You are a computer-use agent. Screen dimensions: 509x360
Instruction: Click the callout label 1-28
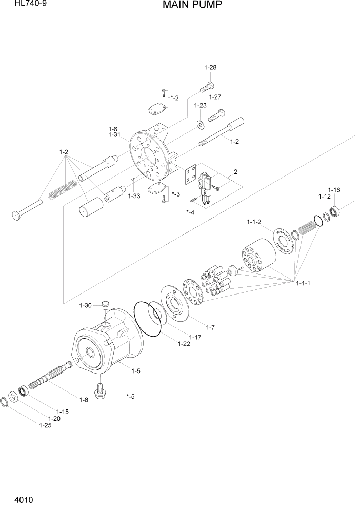210,67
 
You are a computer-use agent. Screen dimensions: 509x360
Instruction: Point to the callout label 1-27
215,97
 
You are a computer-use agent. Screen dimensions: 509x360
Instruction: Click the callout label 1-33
134,195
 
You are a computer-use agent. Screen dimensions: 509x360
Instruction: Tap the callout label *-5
130,396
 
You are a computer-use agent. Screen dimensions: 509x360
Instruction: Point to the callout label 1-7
210,327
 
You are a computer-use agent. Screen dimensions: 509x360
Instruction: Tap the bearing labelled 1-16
336,210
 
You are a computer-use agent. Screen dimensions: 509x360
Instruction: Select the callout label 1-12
324,197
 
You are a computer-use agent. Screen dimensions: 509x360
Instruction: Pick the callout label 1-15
63,411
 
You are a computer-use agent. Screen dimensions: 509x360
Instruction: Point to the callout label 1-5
136,370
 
